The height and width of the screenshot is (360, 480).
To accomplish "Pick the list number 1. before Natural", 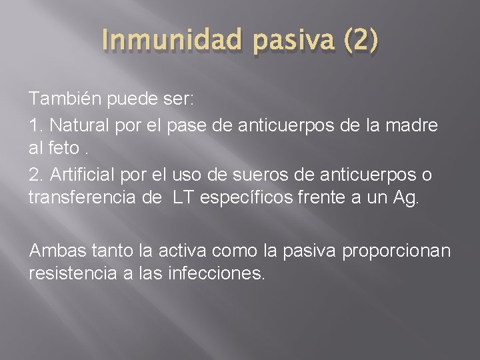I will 34,125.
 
